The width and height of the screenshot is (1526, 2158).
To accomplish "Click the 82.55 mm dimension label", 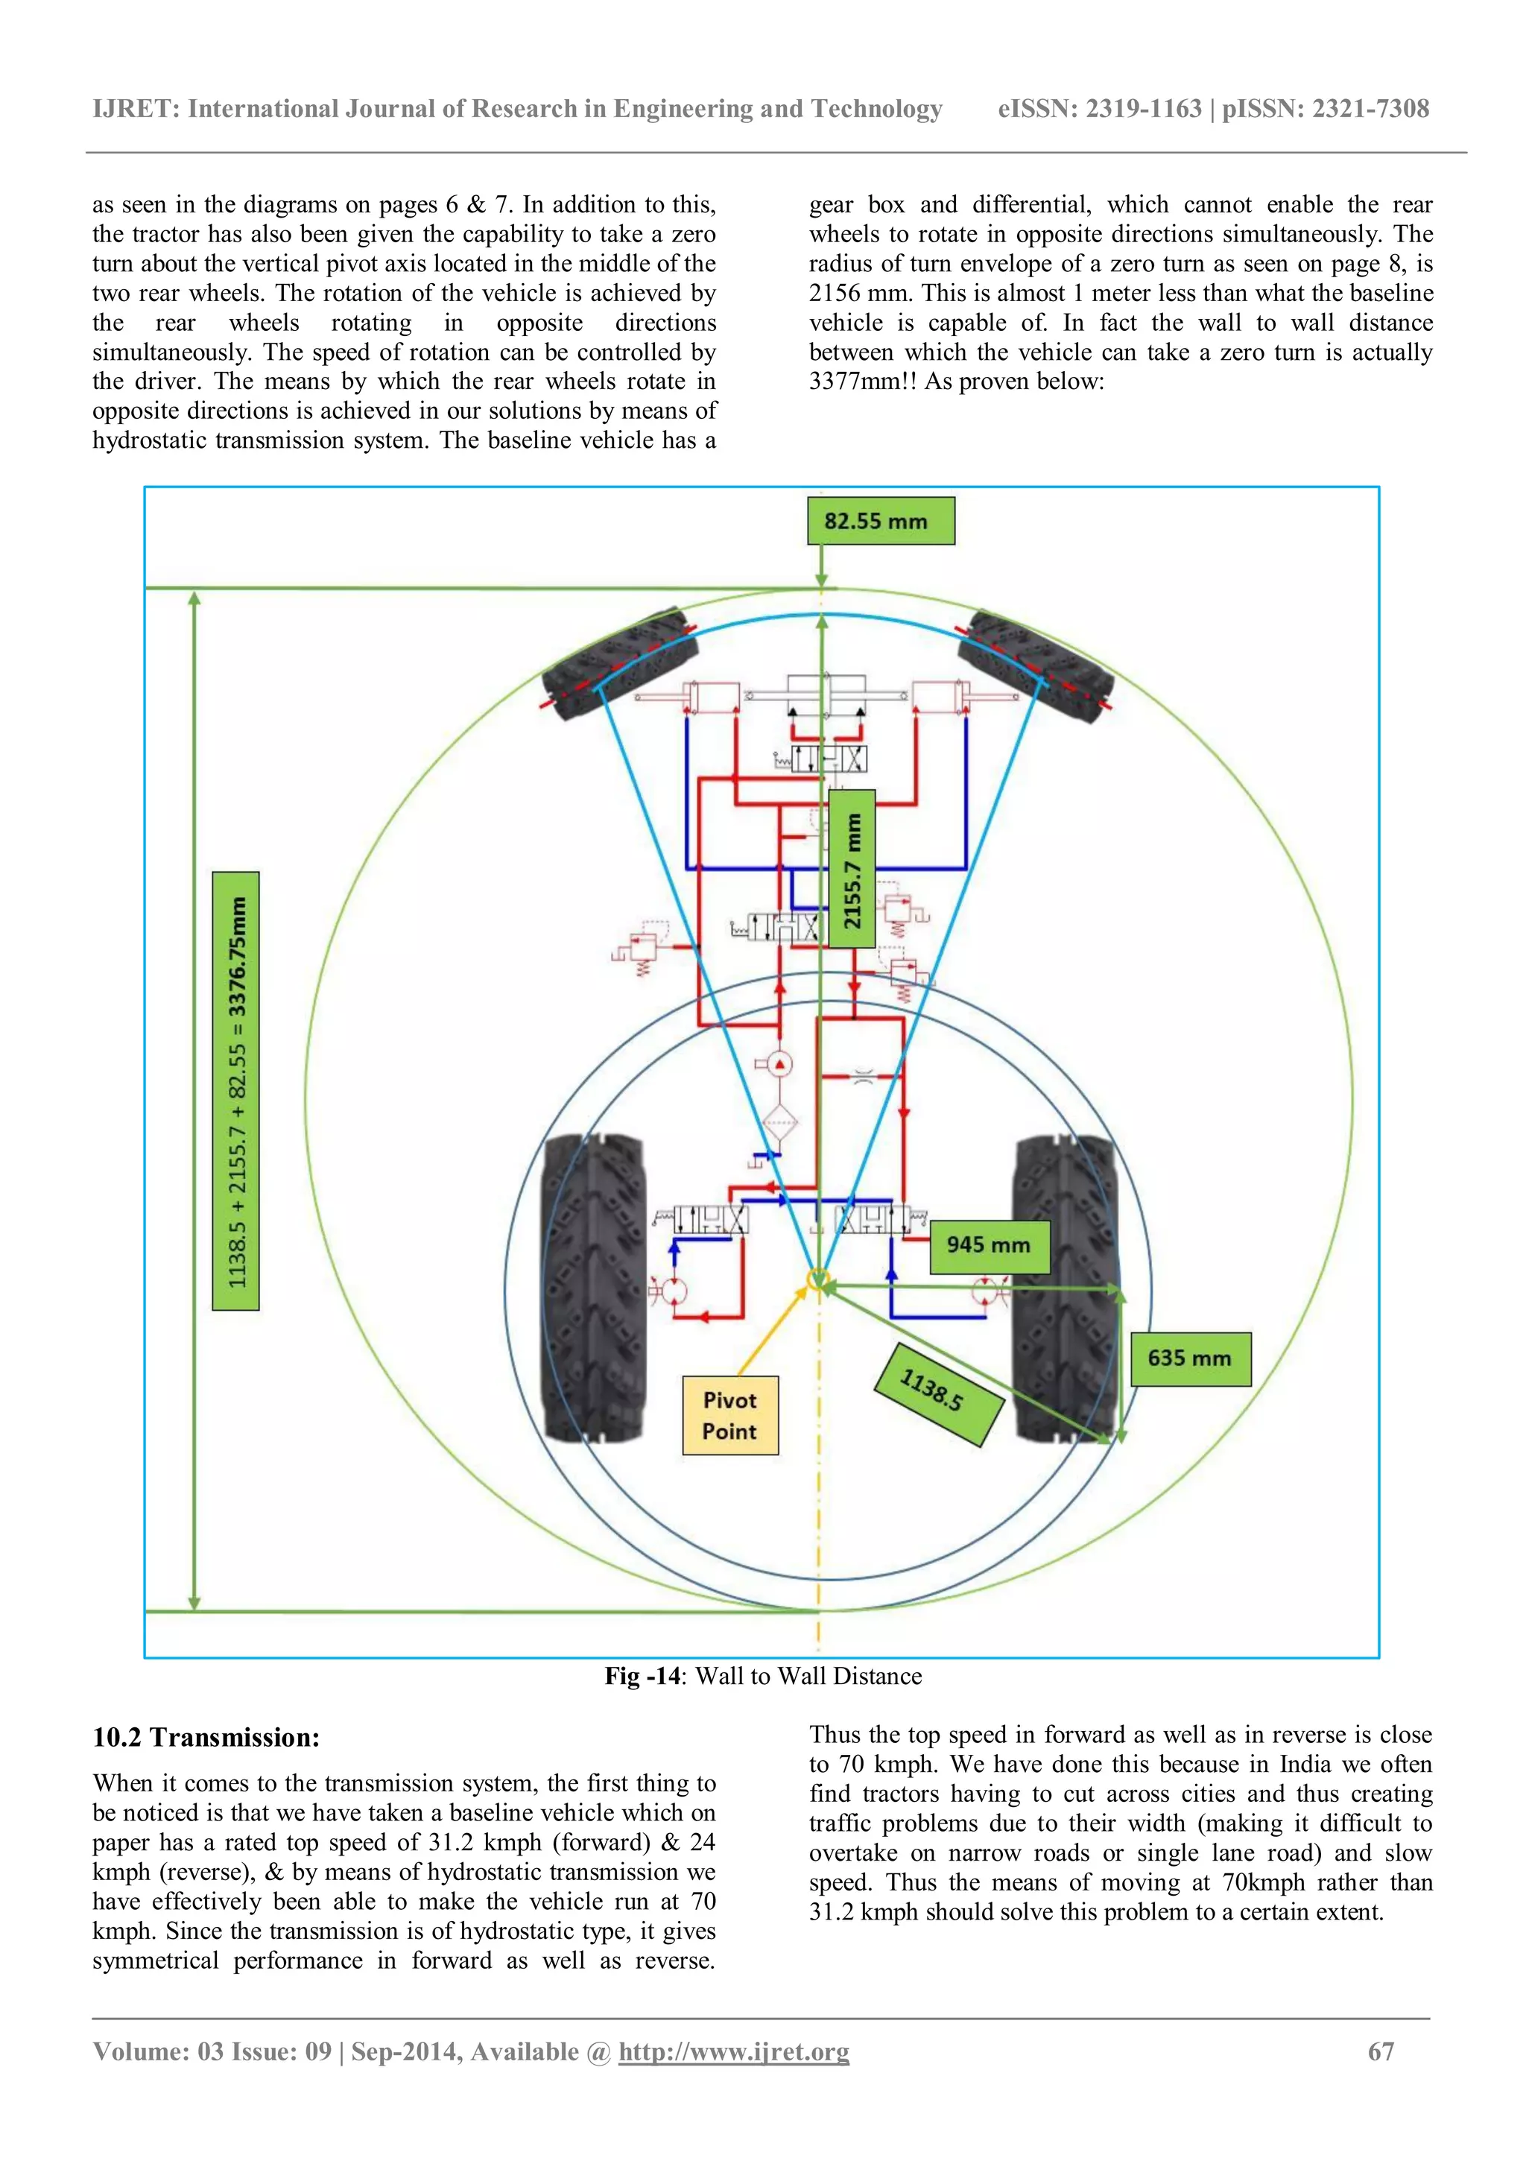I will (x=881, y=521).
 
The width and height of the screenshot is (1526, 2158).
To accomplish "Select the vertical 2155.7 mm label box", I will (x=852, y=868).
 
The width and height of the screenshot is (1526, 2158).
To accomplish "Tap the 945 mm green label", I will (x=990, y=1247).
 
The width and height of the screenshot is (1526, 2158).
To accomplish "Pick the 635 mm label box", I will (x=1190, y=1358).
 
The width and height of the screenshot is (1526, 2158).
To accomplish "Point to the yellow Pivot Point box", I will (x=730, y=1416).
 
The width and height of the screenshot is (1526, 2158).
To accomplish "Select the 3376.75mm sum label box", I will (x=236, y=1090).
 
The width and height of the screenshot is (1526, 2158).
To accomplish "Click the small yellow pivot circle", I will (x=818, y=1279).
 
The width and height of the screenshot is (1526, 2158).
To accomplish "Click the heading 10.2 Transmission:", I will (x=206, y=1738).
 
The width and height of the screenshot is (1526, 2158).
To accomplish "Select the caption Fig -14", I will (x=642, y=1677).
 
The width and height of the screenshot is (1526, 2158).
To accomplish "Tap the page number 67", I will (x=1381, y=2051).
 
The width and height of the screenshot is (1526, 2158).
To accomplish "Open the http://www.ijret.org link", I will (x=733, y=2051).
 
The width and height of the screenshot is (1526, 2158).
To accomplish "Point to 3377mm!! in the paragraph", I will (x=863, y=382).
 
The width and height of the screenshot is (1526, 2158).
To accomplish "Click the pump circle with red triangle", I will (x=779, y=1065).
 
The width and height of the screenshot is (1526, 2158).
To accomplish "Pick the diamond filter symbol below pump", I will (x=779, y=1122).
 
